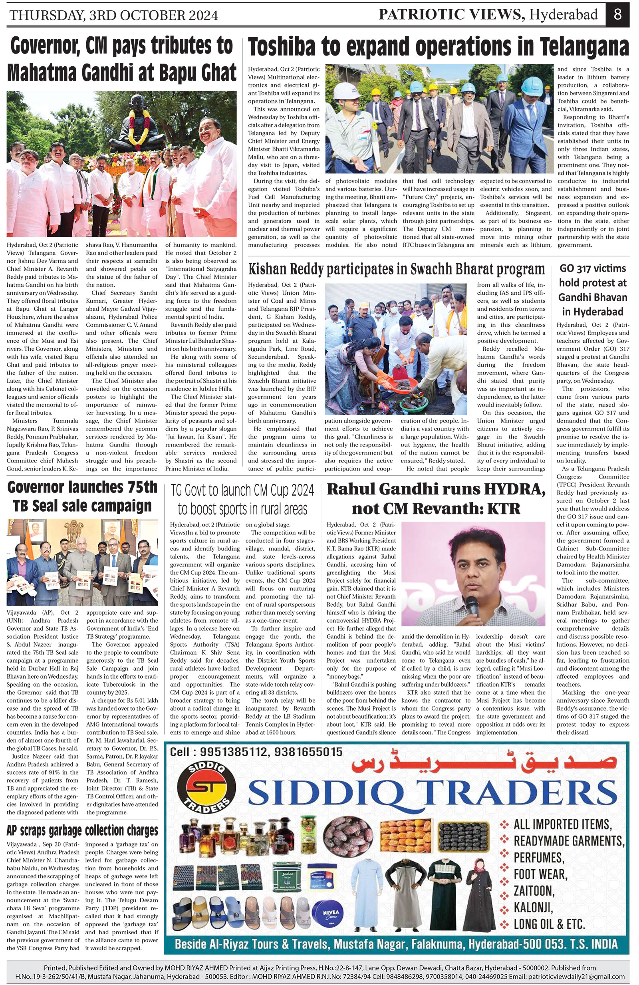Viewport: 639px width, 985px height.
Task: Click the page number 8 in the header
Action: point(617,15)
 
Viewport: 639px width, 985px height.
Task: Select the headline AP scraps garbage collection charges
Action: point(82,830)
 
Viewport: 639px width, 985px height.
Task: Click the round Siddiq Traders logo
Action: point(206,787)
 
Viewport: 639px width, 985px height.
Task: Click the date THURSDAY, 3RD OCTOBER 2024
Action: point(113,15)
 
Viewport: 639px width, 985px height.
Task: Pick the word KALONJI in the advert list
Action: point(534,907)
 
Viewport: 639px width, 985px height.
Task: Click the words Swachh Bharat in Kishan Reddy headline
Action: point(459,270)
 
